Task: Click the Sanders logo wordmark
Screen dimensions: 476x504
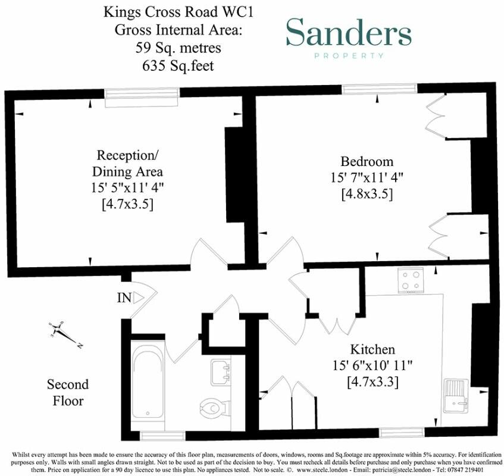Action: [348, 33]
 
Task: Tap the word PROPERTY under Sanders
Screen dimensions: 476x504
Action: [348, 56]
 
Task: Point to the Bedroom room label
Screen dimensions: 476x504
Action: [367, 161]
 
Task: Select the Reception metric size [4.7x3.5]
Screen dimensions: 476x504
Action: [127, 205]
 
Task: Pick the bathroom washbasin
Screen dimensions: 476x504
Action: [221, 371]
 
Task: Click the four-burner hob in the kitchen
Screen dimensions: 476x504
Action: [411, 280]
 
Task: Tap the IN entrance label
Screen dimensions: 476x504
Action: [124, 298]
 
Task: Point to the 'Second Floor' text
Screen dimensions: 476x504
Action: [68, 392]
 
